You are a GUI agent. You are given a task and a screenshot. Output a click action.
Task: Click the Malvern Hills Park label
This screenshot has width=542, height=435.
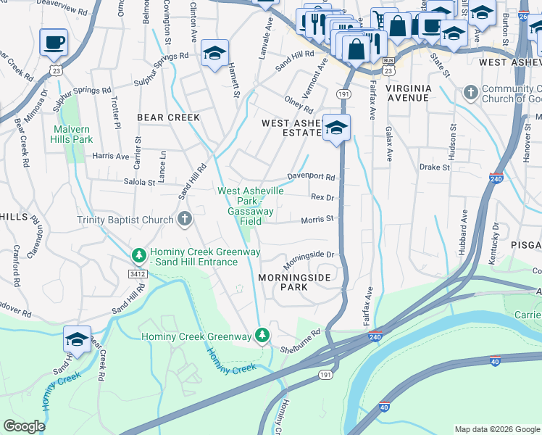(x=72, y=134)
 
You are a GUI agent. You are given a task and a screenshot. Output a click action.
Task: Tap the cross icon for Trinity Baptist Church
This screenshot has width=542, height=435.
(x=185, y=219)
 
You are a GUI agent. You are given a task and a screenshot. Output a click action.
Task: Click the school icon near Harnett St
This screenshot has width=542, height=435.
(x=215, y=52)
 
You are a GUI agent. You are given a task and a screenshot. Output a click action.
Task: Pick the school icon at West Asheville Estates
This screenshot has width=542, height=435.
(x=336, y=128)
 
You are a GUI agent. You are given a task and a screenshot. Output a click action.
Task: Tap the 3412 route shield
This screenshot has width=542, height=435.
(x=138, y=274)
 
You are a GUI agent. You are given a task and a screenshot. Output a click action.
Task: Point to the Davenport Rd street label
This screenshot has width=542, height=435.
(x=311, y=177)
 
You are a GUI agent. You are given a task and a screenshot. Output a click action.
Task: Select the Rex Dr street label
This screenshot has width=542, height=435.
(x=322, y=197)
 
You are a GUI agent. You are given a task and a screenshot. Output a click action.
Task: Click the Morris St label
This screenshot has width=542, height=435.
(x=317, y=218)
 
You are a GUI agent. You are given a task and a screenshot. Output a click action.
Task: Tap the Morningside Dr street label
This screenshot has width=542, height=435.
(x=307, y=257)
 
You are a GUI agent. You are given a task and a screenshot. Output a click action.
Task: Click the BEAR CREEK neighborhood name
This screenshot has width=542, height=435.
(x=164, y=116)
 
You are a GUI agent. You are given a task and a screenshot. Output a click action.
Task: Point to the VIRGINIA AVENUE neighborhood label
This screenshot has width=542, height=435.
(x=418, y=88)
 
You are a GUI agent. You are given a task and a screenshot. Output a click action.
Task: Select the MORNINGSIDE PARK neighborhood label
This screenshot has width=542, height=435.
(x=295, y=282)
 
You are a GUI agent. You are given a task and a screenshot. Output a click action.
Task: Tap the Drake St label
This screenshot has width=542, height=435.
(x=434, y=167)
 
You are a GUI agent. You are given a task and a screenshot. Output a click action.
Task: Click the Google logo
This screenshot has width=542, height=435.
(x=24, y=426)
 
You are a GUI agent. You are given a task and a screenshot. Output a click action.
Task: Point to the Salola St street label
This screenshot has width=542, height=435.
(x=140, y=183)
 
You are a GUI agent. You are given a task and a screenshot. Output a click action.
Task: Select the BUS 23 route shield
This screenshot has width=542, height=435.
(x=389, y=67)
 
